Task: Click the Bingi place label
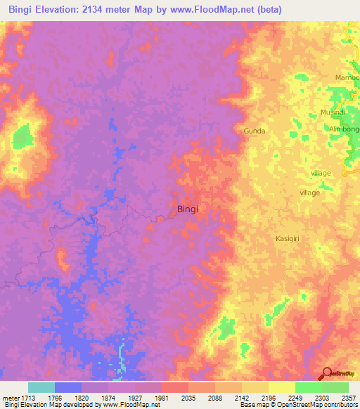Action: pyautogui.click(x=187, y=209)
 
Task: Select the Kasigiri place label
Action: pyautogui.click(x=288, y=239)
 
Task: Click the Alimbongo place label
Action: pyautogui.click(x=344, y=129)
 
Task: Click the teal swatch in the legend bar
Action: pyautogui.click(x=41, y=387)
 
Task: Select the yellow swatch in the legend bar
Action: pyautogui.click(x=282, y=387)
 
